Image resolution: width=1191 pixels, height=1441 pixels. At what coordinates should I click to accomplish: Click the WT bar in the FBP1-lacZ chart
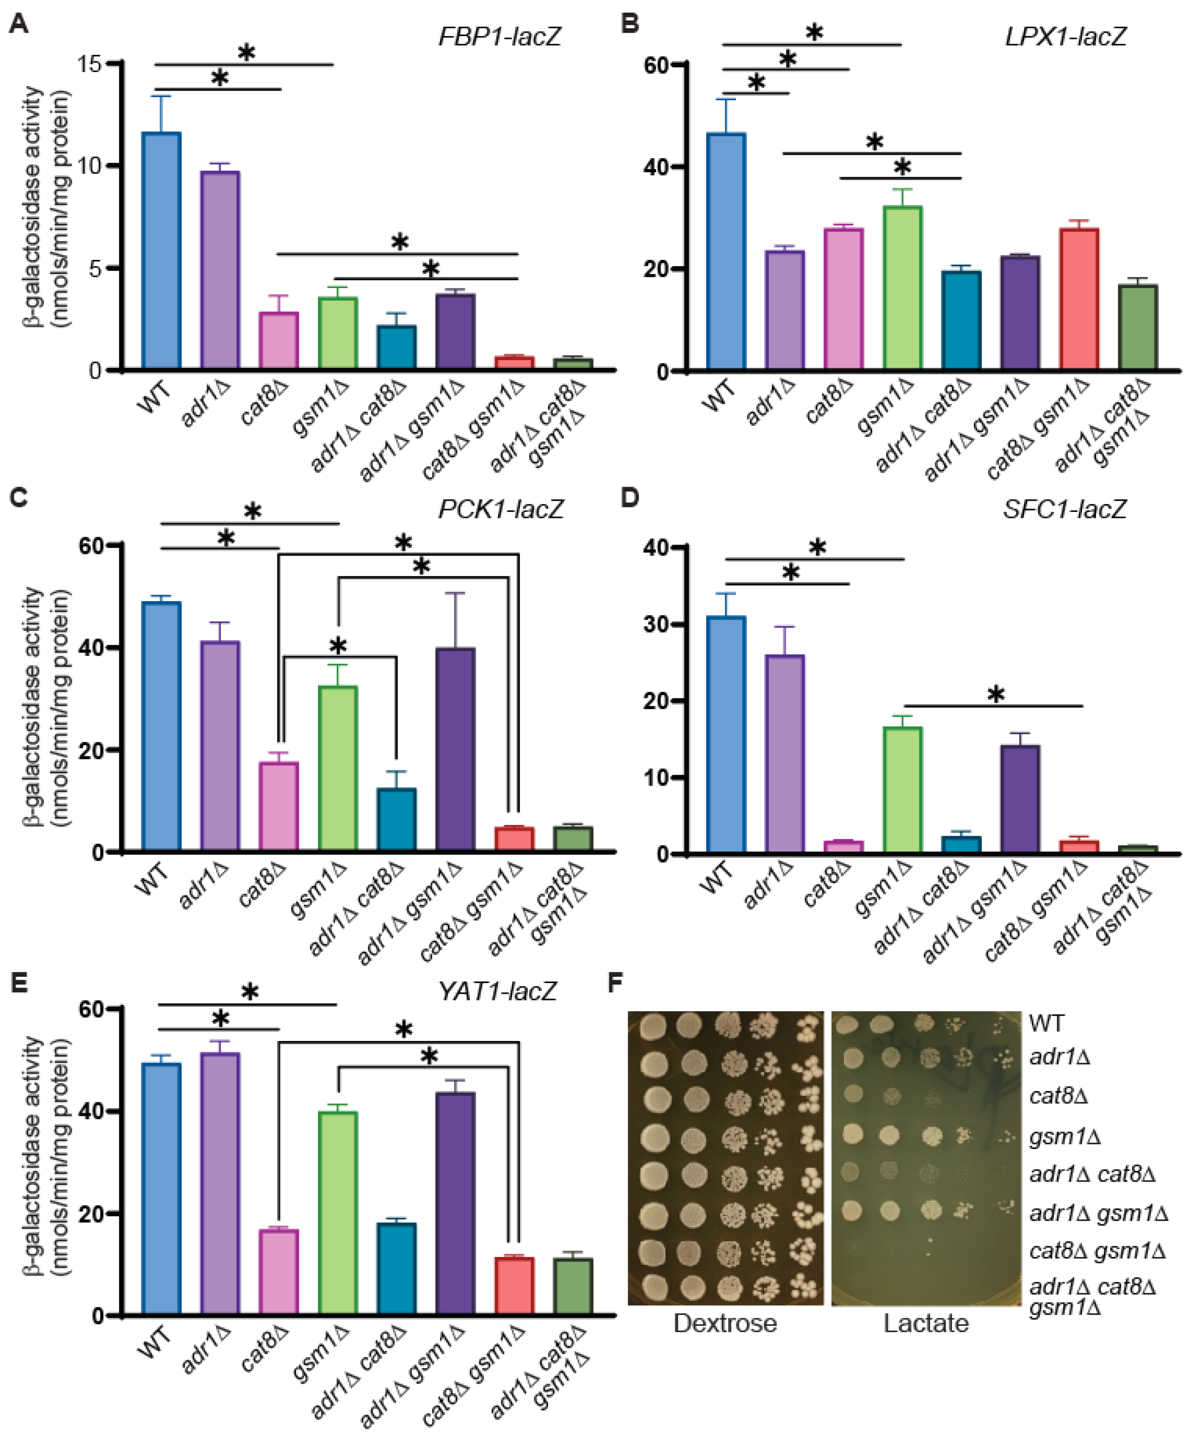coord(161,250)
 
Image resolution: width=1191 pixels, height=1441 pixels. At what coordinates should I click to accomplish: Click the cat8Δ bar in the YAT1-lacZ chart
coord(278,1272)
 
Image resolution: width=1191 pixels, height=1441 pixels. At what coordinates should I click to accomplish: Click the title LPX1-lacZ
coord(1065,36)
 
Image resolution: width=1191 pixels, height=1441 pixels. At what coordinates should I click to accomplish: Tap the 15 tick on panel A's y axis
coord(89,64)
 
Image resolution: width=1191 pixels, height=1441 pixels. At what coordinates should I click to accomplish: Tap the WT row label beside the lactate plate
coord(1046,1024)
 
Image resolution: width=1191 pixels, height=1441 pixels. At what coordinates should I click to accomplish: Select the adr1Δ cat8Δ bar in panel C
coord(396,820)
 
